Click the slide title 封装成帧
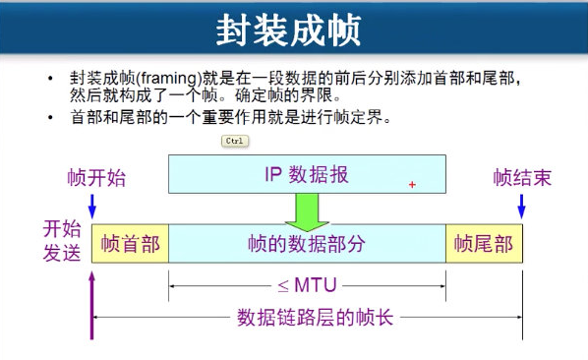click(x=288, y=30)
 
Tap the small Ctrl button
click(x=235, y=141)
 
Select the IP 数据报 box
click(x=307, y=174)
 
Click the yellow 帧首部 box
click(x=130, y=244)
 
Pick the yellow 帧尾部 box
click(x=484, y=244)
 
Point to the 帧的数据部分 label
click(x=307, y=244)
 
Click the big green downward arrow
click(x=307, y=212)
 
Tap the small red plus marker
click(x=412, y=185)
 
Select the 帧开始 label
click(x=96, y=177)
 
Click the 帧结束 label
click(x=522, y=177)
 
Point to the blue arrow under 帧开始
click(x=91, y=207)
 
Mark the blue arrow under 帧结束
click(x=521, y=207)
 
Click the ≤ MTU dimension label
click(x=307, y=285)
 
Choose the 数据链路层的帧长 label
click(x=315, y=318)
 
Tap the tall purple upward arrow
click(x=91, y=306)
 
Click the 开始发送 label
click(x=62, y=240)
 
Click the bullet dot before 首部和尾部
click(x=50, y=117)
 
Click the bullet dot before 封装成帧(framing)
click(x=50, y=78)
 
